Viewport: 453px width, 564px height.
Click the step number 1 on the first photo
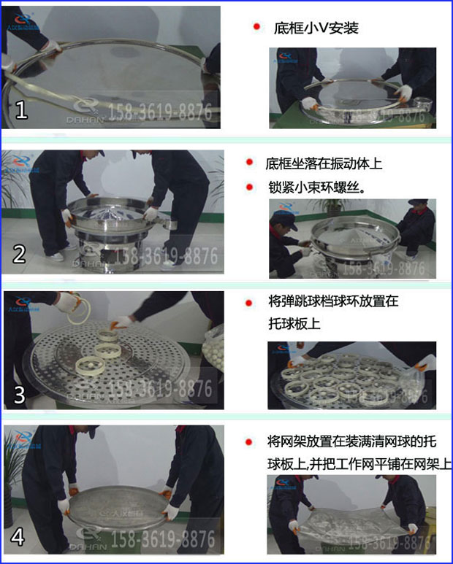pyautogui.click(x=21, y=110)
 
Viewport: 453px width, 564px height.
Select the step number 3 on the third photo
pyautogui.click(x=20, y=395)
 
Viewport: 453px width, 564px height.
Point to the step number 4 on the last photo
pyautogui.click(x=19, y=537)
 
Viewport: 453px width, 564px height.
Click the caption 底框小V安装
pyautogui.click(x=316, y=28)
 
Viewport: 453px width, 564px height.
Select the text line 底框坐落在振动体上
pyautogui.click(x=324, y=163)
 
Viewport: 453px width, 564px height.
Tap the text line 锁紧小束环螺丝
pyautogui.click(x=316, y=187)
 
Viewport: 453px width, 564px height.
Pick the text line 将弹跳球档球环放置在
pyautogui.click(x=332, y=301)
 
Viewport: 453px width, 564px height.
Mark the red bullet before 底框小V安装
pyautogui.click(x=256, y=27)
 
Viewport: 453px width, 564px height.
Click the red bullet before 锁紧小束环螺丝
pyautogui.click(x=250, y=187)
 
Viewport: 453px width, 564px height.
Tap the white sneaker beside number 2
pyautogui.click(x=55, y=256)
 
